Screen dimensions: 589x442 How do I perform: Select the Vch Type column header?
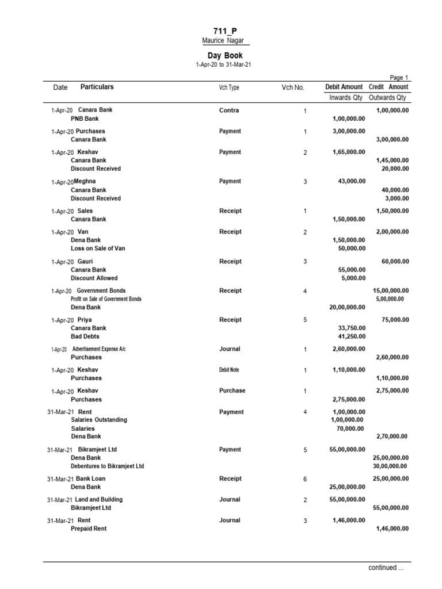coord(228,88)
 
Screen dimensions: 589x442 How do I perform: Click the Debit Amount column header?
coord(344,87)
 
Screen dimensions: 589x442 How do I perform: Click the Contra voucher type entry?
coord(229,110)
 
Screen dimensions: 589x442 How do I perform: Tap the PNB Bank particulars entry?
coord(85,119)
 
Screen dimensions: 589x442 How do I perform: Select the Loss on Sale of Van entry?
coord(98,248)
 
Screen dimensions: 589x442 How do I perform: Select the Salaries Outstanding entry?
coord(99,420)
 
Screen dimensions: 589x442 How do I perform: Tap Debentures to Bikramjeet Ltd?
coord(107,466)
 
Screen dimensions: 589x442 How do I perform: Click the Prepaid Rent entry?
coord(89,529)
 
